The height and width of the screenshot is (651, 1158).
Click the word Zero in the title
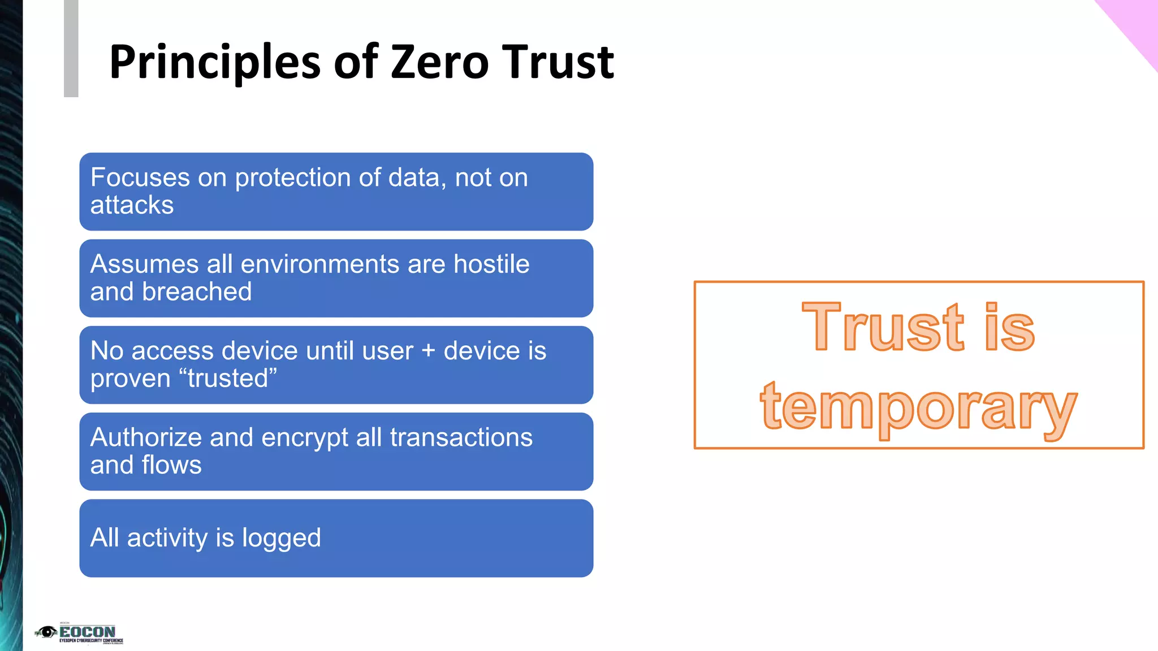(x=439, y=62)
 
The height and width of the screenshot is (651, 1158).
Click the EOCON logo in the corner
(x=79, y=633)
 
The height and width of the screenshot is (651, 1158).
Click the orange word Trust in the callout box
(x=882, y=328)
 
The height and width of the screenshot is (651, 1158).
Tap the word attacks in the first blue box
(x=132, y=205)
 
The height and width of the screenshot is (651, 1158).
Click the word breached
(x=197, y=292)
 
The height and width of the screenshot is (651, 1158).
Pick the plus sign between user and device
(x=429, y=351)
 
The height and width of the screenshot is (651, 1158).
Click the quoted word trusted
(x=228, y=378)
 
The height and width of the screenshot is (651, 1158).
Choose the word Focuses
(x=140, y=177)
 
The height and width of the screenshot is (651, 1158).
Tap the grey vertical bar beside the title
(x=71, y=49)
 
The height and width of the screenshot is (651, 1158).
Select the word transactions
(x=461, y=437)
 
